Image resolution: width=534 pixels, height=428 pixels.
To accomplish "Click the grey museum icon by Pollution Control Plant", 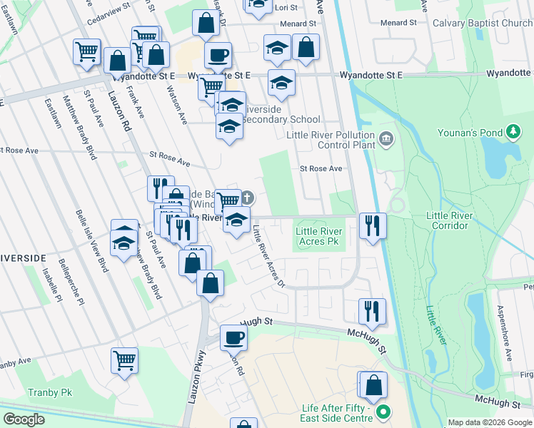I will pos(386,137).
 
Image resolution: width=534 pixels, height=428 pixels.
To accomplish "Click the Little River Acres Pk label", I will pos(319,236).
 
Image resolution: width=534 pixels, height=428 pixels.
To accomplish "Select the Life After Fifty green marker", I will pos(383,412).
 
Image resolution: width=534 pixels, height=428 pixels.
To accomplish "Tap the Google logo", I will pos(24,419).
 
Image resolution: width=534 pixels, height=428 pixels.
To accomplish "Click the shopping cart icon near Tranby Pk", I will pos(124,360).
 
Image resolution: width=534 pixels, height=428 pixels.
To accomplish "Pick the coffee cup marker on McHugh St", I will pos(233,337).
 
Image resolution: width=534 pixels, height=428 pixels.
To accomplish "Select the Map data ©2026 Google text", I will pos(490,422).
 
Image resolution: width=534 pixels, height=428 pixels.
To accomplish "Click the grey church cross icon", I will pos(247,196).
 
